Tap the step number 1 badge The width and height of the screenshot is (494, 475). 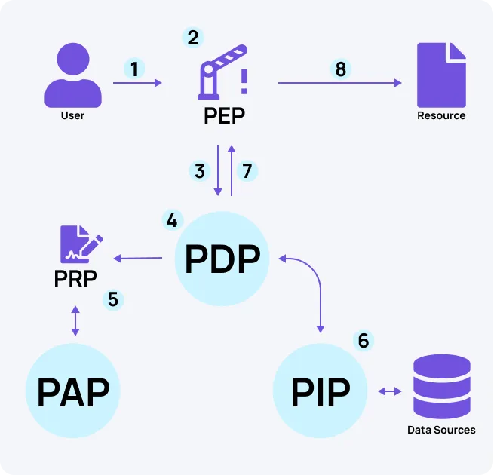tap(134, 69)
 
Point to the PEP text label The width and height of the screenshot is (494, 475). tap(224, 117)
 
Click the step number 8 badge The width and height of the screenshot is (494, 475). tap(341, 69)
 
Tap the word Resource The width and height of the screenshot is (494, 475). tap(441, 116)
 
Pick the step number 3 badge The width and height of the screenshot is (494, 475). tap(200, 171)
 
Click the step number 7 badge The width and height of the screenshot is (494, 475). tap(247, 171)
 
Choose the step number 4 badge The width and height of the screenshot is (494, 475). tap(172, 220)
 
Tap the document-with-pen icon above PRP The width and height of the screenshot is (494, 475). tap(79, 244)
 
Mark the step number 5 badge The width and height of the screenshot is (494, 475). tap(113, 299)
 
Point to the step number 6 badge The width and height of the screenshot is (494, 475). tap(364, 341)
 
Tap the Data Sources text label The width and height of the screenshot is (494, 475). tap(441, 430)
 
